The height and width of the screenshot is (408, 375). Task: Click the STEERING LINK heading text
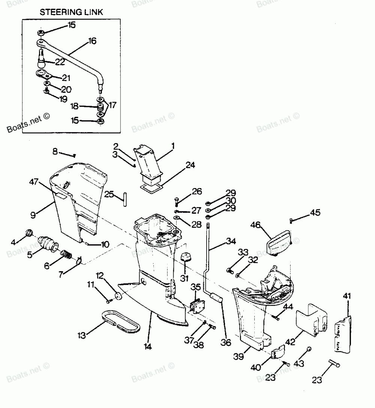[71, 13]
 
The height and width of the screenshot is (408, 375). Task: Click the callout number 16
[92, 41]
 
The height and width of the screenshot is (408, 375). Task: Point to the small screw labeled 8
[75, 155]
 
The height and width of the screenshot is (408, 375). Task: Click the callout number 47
[34, 182]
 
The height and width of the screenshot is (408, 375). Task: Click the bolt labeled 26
[177, 201]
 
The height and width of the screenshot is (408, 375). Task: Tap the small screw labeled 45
[291, 219]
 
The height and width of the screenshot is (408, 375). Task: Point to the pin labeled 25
[126, 197]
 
